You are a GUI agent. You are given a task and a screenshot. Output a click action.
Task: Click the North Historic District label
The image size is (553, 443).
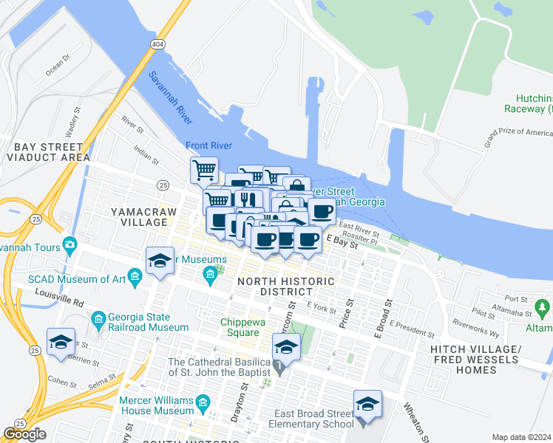[x=285, y=287]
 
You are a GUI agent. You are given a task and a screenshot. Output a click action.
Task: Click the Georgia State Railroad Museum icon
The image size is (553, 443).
[x=99, y=319]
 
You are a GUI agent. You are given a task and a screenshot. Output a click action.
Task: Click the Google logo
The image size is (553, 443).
[x=24, y=434]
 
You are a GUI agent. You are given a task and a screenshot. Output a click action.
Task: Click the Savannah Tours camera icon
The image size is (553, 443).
[x=69, y=244]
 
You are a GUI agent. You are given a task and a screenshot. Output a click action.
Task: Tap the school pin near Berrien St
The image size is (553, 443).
[x=61, y=343]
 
